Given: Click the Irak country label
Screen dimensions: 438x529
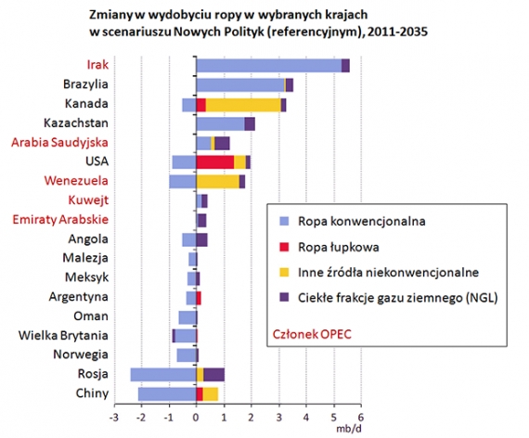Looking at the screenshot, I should [x=97, y=66].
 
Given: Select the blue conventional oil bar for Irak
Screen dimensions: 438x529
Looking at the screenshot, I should [x=268, y=66].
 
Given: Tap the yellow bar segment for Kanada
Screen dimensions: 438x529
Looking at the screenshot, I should [x=243, y=105].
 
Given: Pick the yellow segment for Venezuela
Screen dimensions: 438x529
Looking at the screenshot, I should [x=217, y=181].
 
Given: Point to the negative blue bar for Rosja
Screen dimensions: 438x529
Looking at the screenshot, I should [x=162, y=374].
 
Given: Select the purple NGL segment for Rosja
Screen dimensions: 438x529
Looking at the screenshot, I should [x=213, y=374].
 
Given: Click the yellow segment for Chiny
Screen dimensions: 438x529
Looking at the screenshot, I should [x=210, y=393].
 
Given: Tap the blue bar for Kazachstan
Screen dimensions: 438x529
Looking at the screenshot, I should [x=220, y=123].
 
